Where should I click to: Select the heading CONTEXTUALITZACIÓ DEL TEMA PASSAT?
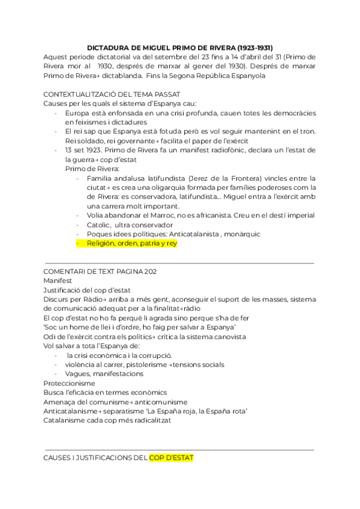tap(112, 95)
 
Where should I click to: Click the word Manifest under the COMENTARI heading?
tap(58, 280)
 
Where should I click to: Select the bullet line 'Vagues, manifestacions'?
tap(104, 373)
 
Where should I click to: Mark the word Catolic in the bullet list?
tap(98, 224)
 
